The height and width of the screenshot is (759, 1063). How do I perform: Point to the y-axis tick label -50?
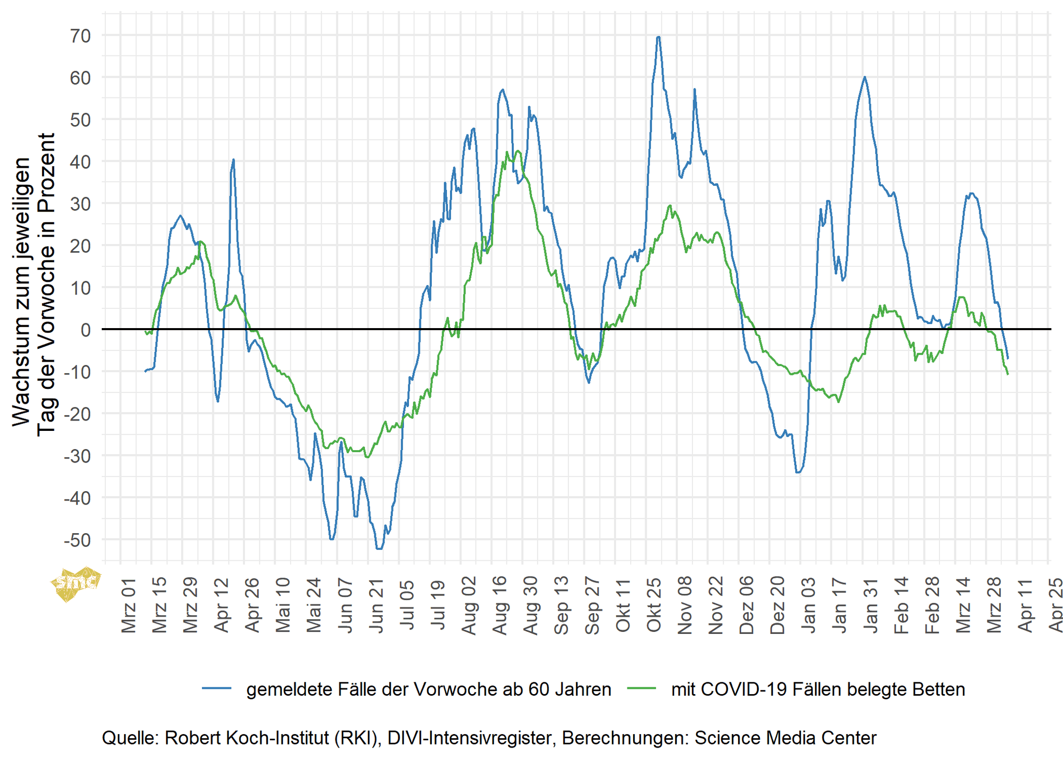77,540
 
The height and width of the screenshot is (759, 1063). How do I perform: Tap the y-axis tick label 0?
86,330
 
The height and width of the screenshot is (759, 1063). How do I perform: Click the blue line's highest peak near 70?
658,37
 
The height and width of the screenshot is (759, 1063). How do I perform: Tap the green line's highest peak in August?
517,151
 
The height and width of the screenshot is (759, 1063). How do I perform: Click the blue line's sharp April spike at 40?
234,160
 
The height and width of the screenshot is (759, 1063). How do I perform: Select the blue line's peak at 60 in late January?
864,77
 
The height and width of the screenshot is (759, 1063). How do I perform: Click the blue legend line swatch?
216,689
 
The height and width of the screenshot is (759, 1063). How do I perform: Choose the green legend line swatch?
642,689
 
